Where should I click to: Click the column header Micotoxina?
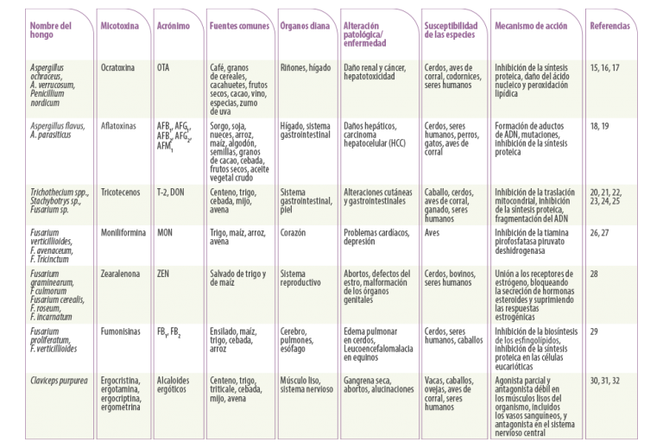120,26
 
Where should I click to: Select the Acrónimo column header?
174,26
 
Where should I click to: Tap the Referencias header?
610,26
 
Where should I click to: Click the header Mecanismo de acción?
531,26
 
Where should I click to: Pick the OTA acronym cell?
163,67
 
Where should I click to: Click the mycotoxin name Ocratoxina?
117,67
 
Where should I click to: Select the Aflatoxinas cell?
118,126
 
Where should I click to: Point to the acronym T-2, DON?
171,192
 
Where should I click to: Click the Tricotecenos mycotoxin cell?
120,192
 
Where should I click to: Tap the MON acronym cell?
165,232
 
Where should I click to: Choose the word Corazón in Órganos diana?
293,232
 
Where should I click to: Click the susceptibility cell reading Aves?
433,232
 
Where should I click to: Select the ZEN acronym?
163,274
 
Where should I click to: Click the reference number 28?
594,274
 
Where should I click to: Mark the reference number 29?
594,331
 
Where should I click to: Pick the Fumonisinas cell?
120,331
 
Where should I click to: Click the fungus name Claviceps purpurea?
59,381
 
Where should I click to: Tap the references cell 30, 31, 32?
604,381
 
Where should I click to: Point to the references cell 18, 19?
600,126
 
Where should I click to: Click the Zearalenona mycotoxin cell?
120,274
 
